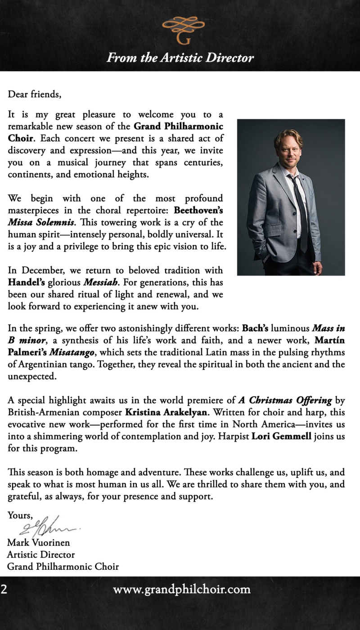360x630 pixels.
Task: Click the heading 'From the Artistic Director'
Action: [x=180, y=58]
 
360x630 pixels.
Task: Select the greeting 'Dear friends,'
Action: [x=34, y=94]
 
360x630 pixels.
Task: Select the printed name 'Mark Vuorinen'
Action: [x=39, y=542]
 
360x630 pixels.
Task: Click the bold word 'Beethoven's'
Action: [x=198, y=210]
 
